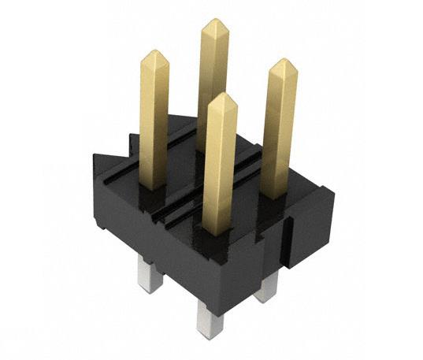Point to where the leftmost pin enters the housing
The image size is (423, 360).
(154, 186)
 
